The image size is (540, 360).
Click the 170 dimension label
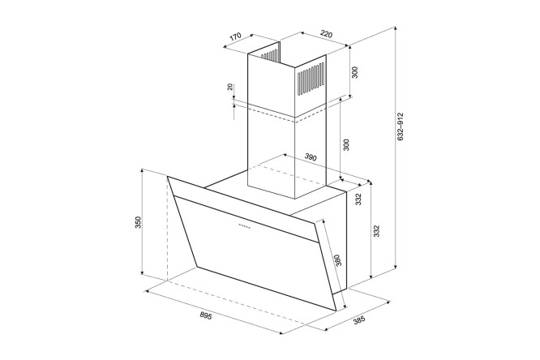(x=235, y=36)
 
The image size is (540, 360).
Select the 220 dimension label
(x=326, y=34)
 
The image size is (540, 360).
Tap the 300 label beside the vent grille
(x=355, y=72)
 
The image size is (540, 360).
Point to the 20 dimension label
(x=230, y=87)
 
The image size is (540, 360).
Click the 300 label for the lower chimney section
(x=346, y=144)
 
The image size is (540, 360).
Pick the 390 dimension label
(x=311, y=157)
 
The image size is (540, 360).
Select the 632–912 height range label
(x=400, y=126)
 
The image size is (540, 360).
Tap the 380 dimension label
(x=338, y=260)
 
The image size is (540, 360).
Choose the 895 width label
(x=206, y=315)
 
